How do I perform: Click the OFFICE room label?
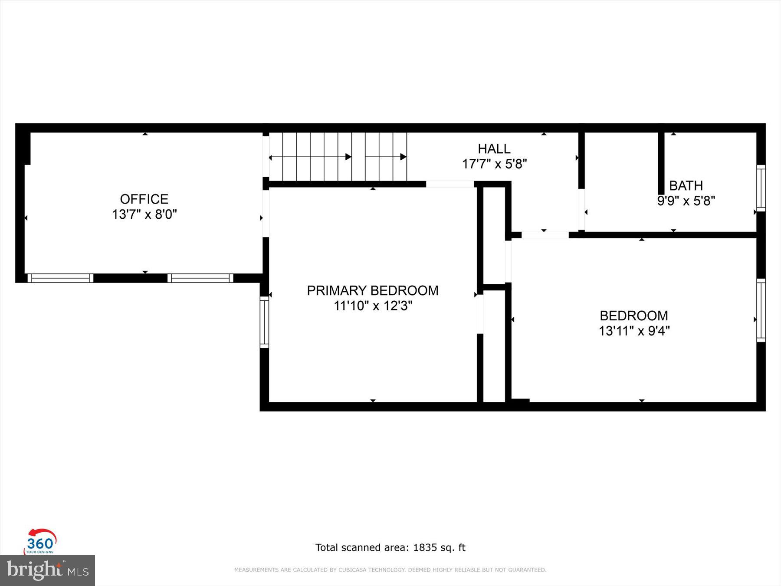[x=144, y=199]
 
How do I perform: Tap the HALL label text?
[x=494, y=149]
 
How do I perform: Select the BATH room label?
[x=686, y=186]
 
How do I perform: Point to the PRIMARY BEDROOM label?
[x=373, y=290]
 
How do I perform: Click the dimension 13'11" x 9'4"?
[x=634, y=331]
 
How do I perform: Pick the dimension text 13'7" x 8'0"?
[x=144, y=214]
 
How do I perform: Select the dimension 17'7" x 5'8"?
[x=494, y=164]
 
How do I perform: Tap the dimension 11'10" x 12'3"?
[x=373, y=306]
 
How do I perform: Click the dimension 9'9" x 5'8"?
[x=686, y=201]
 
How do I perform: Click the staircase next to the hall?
[x=338, y=157]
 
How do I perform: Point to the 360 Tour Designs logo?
[x=40, y=542]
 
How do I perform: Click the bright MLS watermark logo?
[x=47, y=570]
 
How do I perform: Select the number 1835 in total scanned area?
[x=425, y=548]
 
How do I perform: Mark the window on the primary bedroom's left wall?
[x=264, y=322]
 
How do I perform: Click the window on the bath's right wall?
[x=761, y=188]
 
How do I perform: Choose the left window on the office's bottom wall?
[x=60, y=278]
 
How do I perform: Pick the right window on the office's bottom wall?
[x=200, y=278]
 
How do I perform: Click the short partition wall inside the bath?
[x=661, y=163]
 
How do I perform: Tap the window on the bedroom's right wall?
[x=761, y=310]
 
